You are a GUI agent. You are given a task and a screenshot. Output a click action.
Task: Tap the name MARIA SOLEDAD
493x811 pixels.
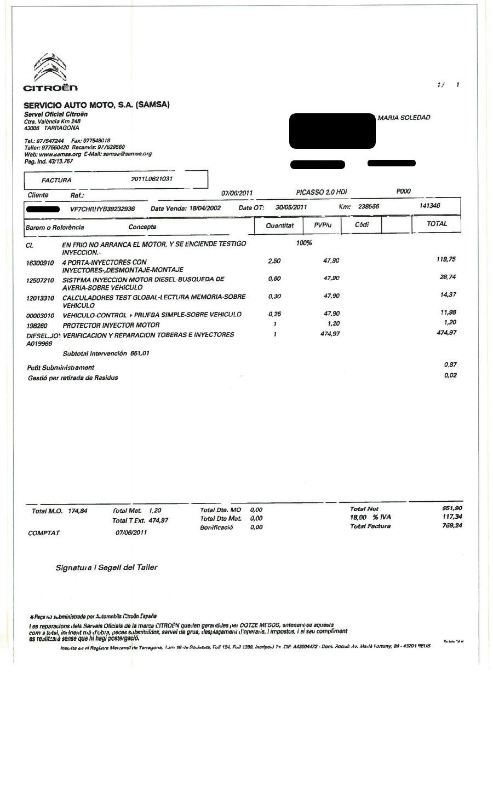(404, 118)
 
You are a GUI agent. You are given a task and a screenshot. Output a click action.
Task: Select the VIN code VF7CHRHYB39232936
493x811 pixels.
(102, 209)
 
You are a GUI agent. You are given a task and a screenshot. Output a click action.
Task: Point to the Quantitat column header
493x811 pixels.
(279, 225)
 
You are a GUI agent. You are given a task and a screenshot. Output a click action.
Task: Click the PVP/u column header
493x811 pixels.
(323, 225)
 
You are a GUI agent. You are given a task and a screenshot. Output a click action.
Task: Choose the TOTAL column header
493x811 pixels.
(437, 224)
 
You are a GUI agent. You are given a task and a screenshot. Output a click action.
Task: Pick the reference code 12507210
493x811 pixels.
(40, 281)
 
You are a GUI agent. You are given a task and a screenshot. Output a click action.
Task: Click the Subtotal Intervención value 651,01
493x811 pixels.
(140, 354)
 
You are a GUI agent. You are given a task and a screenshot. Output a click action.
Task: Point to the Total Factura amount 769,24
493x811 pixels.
(451, 526)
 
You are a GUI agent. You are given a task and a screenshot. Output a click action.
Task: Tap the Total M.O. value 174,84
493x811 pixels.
(77, 512)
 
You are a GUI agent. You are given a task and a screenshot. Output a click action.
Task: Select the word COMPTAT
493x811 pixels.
(44, 533)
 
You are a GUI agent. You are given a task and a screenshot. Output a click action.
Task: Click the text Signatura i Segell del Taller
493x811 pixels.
(106, 567)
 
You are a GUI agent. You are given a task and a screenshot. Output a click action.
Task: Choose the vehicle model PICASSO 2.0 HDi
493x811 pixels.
(321, 192)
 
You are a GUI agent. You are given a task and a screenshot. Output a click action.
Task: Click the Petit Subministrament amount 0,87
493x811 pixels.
(450, 364)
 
